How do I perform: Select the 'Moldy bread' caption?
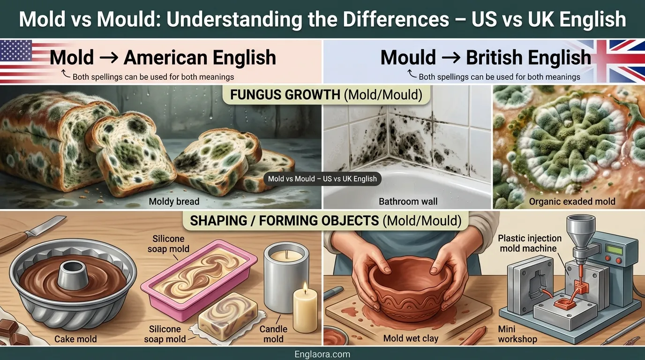[174, 202]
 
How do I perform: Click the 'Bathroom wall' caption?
[408, 202]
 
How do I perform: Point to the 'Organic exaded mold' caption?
[572, 202]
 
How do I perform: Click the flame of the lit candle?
[305, 286]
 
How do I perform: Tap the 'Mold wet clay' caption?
[411, 338]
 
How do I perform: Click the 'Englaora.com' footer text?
[322, 354]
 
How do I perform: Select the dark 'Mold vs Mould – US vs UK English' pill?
[322, 179]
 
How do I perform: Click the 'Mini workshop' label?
[517, 334]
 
